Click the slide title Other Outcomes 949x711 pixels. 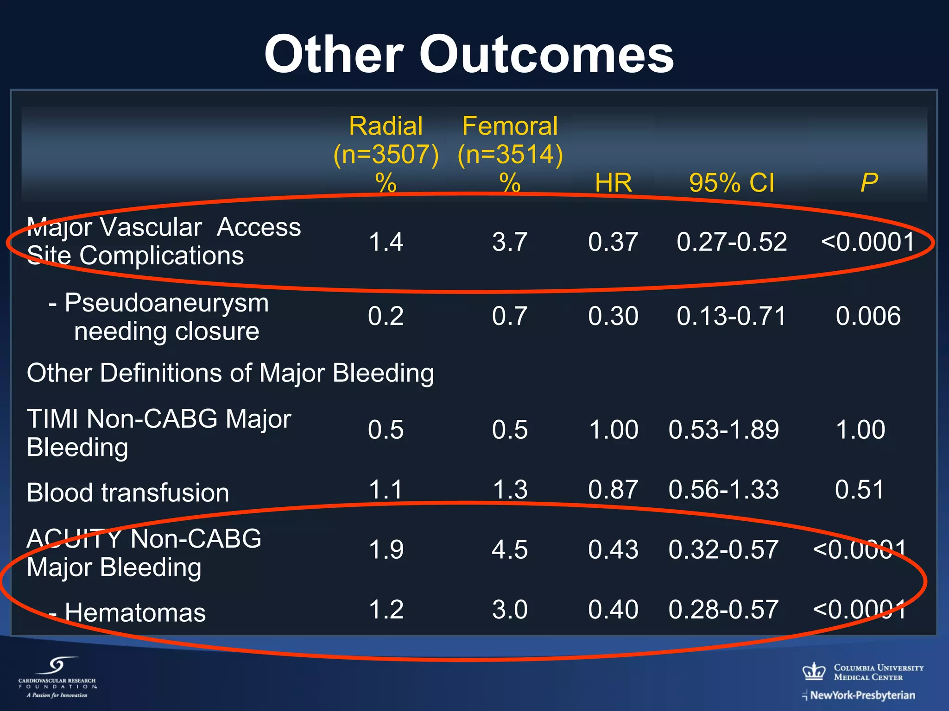469,55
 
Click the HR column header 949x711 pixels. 613,182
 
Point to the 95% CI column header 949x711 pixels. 731,182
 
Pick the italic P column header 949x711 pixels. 869,182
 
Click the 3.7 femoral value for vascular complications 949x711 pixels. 510,242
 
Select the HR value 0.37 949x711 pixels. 613,242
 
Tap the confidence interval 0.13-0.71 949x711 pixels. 731,316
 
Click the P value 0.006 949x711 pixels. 868,316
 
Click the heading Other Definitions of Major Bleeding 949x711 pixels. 230,373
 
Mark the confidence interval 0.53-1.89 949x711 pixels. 723,430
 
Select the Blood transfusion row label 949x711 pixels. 128,493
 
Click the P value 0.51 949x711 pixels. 860,490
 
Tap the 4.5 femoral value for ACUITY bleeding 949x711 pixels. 510,550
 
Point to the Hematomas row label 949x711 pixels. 134,613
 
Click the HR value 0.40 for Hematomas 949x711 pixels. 613,610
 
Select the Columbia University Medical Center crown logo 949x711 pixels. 814,671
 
